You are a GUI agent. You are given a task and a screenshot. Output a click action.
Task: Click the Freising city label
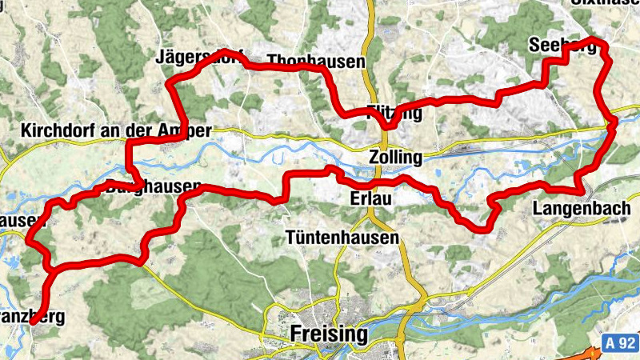pyautogui.click(x=330, y=333)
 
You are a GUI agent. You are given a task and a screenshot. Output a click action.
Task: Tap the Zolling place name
pyautogui.click(x=395, y=156)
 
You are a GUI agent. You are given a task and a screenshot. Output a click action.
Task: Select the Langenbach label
pyautogui.click(x=574, y=210)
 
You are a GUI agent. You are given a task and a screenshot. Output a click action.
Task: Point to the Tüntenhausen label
pyautogui.click(x=342, y=238)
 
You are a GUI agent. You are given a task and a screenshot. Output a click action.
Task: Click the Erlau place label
pyautogui.click(x=370, y=198)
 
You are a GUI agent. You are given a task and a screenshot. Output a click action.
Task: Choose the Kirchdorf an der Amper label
pyautogui.click(x=117, y=130)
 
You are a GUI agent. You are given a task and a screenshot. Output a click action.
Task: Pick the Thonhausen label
pyautogui.click(x=316, y=62)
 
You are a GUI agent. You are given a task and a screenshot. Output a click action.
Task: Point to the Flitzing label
pyautogui.click(x=393, y=112)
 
